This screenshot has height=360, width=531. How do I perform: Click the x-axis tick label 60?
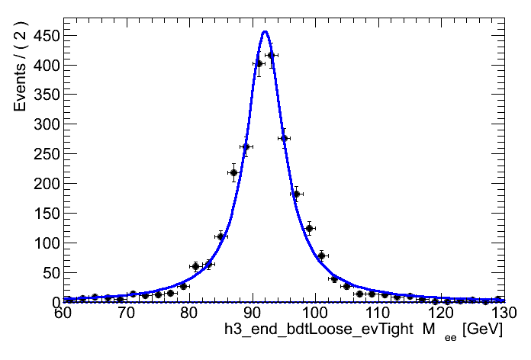pos(64,314)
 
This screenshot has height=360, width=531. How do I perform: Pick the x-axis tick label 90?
pos(252,314)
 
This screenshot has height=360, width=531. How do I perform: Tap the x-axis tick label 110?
pos(375,314)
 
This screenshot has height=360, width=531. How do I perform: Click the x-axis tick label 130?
pos(500,314)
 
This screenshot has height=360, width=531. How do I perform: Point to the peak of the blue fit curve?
pos(265,32)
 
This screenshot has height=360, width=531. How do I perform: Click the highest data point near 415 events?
pos(271,55)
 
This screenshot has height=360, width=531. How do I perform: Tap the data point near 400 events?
pos(259,64)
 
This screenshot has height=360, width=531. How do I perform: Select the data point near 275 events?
pos(284,138)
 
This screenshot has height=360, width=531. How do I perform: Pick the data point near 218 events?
pos(233,172)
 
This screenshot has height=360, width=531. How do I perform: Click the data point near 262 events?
pos(246,146)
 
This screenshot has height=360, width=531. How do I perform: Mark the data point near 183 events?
pos(296,194)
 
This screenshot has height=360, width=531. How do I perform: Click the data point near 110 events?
pos(220,236)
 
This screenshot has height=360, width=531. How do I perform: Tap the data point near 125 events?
pos(309,228)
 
